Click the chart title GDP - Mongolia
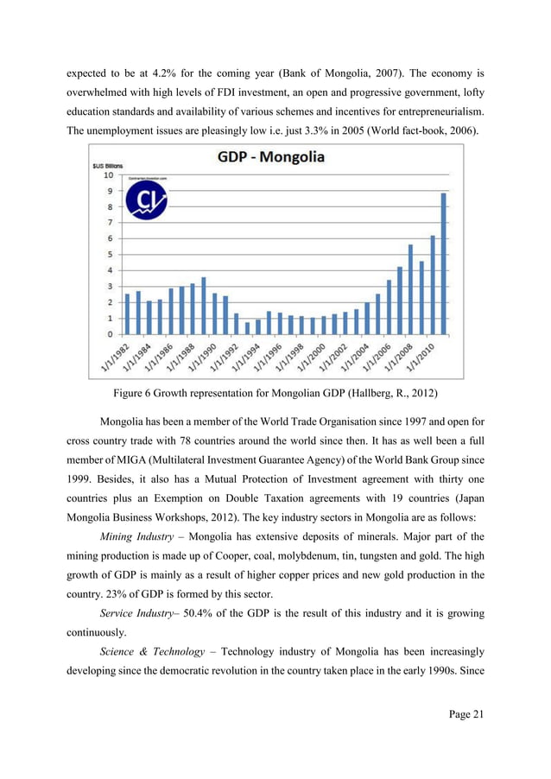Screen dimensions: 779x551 click(x=270, y=157)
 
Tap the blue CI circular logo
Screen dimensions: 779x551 click(x=145, y=204)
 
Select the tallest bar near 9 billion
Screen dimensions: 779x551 click(x=444, y=263)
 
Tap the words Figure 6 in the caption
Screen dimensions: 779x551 click(x=137, y=396)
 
